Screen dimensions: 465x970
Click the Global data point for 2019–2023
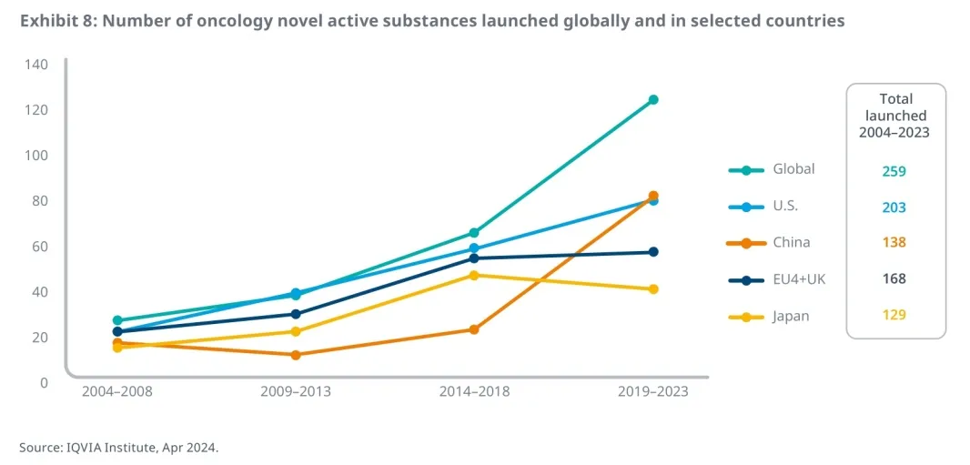click(653, 100)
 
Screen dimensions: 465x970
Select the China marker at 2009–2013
click(296, 355)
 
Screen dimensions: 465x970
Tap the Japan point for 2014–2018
click(474, 275)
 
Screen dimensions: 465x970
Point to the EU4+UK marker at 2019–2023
click(653, 252)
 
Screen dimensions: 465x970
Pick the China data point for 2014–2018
click(474, 329)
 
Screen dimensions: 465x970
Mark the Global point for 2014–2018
click(474, 233)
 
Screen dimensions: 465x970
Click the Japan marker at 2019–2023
click(653, 289)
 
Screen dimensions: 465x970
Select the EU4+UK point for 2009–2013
click(296, 314)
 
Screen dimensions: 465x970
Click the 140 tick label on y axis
click(36, 65)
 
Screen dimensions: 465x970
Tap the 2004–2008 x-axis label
click(117, 392)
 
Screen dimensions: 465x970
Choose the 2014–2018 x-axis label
click(474, 392)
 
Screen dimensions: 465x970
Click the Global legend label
click(793, 169)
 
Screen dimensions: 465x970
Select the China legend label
click(791, 243)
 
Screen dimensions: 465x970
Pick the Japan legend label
click(791, 317)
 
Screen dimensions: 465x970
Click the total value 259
click(894, 171)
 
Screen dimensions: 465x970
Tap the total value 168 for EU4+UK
click(894, 279)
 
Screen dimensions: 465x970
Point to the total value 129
click(894, 315)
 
